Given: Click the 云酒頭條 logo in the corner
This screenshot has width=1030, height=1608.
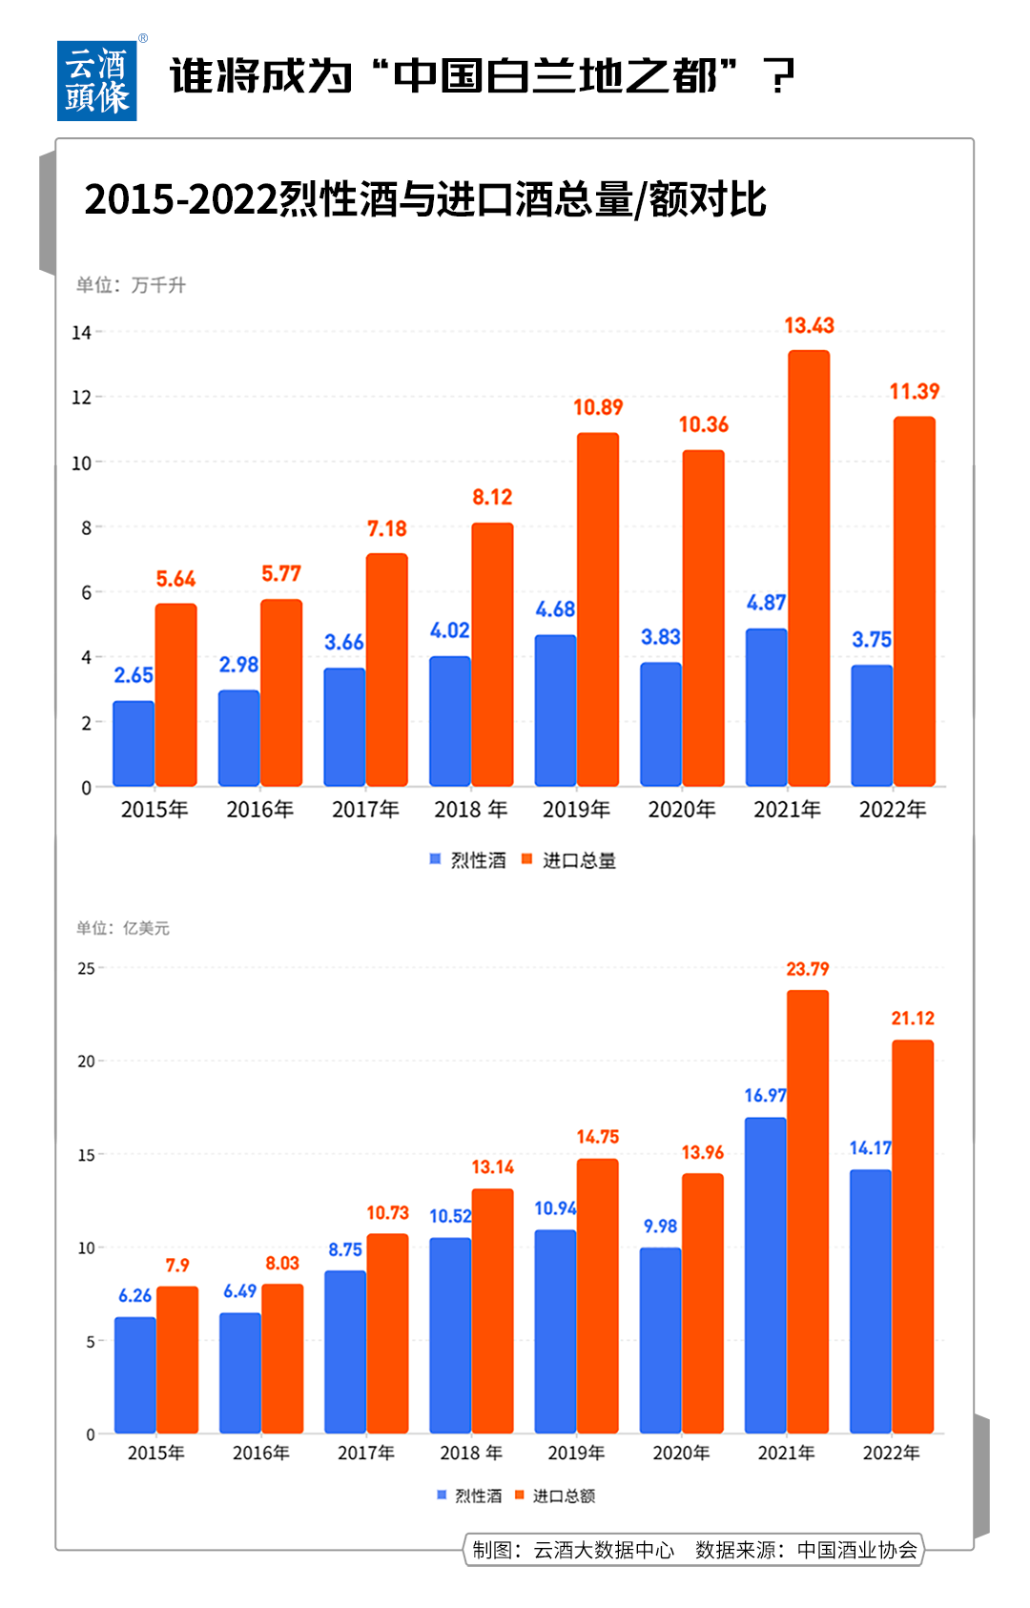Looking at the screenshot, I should tap(96, 81).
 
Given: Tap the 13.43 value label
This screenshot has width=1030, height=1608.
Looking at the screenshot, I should tap(809, 326).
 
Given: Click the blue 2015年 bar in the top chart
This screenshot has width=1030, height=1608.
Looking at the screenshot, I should tap(134, 744).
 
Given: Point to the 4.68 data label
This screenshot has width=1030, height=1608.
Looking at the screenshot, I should tap(555, 609).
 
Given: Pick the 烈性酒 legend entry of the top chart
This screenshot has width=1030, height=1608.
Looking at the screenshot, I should tap(469, 860).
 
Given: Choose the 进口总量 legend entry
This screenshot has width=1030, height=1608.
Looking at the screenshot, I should tap(569, 860).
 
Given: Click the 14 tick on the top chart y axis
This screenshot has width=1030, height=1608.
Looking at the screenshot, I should tap(81, 333).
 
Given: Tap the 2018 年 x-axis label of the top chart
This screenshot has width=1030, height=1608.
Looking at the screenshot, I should tap(470, 810).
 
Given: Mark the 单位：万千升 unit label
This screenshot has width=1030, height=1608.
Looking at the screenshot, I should tap(132, 285).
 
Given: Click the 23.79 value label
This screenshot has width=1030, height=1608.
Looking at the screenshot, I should tap(807, 969).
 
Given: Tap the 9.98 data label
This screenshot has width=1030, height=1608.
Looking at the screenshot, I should tap(660, 1227).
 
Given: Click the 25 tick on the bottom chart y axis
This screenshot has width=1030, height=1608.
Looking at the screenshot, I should tap(86, 969).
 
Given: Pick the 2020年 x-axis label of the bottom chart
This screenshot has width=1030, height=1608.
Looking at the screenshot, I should tap(681, 1453).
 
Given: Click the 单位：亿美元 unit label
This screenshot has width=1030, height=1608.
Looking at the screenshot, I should tap(123, 928).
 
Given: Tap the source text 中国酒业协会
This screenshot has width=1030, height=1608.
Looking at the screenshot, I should tap(857, 1550).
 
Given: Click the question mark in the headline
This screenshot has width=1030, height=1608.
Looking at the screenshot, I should tap(781, 76).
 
